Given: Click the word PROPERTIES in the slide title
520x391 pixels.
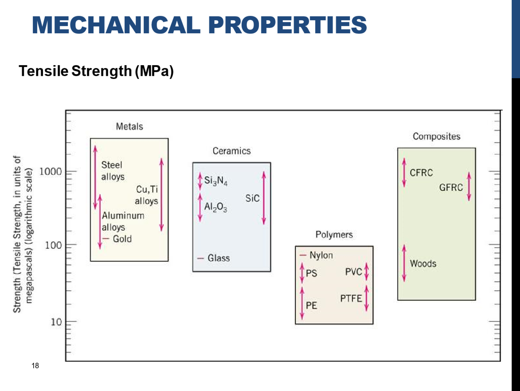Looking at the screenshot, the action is click(x=287, y=25).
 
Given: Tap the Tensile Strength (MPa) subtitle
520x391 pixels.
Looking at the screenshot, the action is click(x=96, y=71).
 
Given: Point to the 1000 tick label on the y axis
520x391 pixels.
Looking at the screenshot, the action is click(x=51, y=171).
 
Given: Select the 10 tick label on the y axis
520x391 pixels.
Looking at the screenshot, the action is click(x=56, y=322).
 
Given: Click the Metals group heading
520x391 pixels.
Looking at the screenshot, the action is click(x=129, y=127).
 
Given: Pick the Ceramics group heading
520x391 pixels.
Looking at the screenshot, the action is click(x=232, y=151).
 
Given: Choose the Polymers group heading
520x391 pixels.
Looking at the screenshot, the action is click(x=334, y=235).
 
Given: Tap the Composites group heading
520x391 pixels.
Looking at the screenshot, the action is click(x=436, y=136).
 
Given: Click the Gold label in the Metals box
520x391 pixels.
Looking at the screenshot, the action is click(x=122, y=239).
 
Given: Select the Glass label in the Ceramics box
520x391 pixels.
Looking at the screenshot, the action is click(x=218, y=258).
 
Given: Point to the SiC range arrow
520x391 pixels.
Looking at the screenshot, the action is click(x=264, y=198).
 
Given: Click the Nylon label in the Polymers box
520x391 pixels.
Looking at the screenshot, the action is click(x=321, y=255).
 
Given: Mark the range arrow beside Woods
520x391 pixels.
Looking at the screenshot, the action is click(x=404, y=263).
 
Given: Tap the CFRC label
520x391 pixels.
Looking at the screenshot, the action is click(x=421, y=173).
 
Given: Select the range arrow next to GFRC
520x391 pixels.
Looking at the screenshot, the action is click(x=469, y=187).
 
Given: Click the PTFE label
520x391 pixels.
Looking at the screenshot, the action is click(x=351, y=299).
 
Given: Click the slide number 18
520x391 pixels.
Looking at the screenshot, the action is click(x=35, y=366).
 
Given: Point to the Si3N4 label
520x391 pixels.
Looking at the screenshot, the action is click(x=216, y=181).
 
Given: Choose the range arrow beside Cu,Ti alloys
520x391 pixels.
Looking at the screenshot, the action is click(x=162, y=195).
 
